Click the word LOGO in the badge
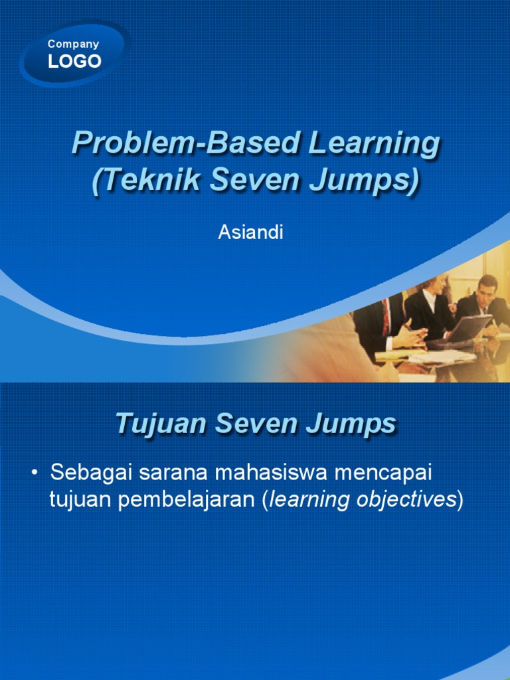[74, 62]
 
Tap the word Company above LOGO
[73, 44]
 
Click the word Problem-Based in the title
[152, 143]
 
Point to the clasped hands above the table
[411, 335]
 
